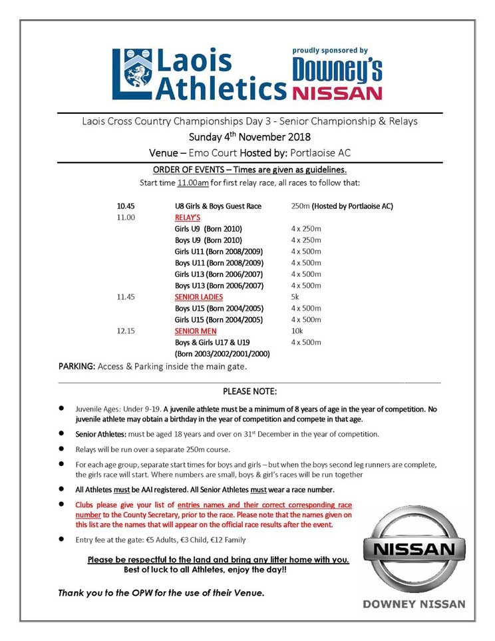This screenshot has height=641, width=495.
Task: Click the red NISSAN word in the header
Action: coord(337,92)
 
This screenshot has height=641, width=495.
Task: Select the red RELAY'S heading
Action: coord(188,217)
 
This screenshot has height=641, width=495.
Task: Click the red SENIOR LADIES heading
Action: coord(199,297)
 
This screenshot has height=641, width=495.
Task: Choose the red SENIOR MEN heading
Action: coord(196,331)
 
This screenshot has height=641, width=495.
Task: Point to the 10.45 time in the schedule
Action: coord(126,206)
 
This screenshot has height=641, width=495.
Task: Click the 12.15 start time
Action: coord(126,331)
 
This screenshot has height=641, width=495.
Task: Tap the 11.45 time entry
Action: coord(126,297)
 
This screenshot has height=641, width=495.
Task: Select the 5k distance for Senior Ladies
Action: coord(296,297)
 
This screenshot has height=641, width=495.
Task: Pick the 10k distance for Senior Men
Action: coord(297,331)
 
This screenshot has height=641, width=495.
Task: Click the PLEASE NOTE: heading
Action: coord(249,391)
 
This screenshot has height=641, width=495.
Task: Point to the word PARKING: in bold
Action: coord(77,366)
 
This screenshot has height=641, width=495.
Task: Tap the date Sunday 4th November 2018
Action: coord(249,138)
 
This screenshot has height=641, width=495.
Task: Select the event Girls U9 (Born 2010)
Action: coord(208,228)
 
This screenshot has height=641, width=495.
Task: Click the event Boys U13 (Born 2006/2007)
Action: coord(219,286)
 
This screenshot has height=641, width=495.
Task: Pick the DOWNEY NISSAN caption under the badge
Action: coord(414,604)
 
